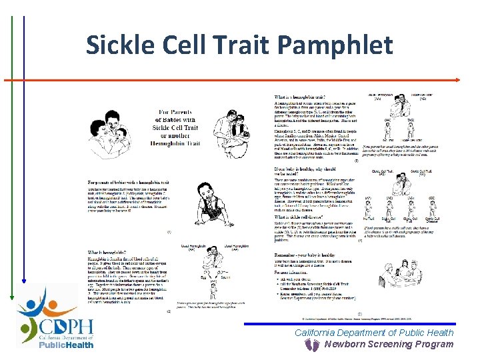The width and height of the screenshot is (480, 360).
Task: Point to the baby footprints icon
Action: pyautogui.click(x=311, y=345)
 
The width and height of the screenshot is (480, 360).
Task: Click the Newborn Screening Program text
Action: pyautogui.click(x=389, y=345)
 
